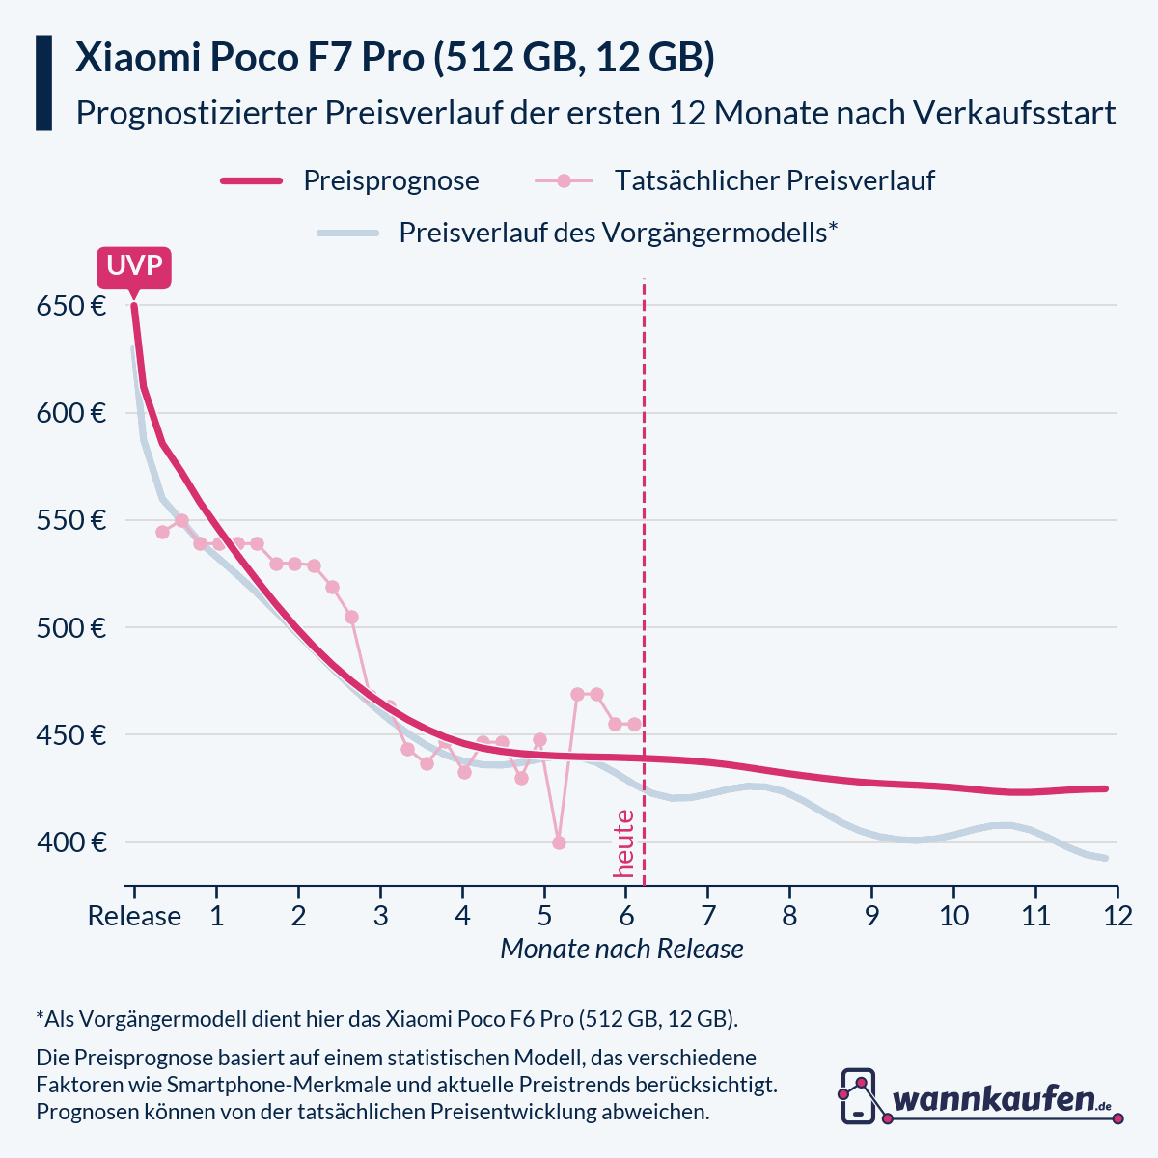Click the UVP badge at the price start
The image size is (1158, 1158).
click(x=134, y=265)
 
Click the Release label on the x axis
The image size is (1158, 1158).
click(x=134, y=916)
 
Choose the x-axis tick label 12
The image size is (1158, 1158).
click(x=1117, y=916)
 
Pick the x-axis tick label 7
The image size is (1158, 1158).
click(x=708, y=916)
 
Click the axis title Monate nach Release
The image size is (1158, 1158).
click(x=621, y=949)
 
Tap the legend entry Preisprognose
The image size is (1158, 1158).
click(x=391, y=180)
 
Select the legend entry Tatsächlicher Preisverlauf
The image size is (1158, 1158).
click(x=774, y=180)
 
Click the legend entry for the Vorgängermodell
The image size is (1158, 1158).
click(x=618, y=233)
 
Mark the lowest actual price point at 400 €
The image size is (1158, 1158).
click(x=559, y=842)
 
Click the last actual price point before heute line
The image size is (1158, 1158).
click(x=634, y=724)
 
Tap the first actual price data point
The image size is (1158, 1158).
click(x=162, y=532)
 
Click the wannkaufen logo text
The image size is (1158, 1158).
click(x=994, y=1099)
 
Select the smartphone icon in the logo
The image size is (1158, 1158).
click(x=858, y=1096)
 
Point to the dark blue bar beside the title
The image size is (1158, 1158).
click(x=43, y=83)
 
